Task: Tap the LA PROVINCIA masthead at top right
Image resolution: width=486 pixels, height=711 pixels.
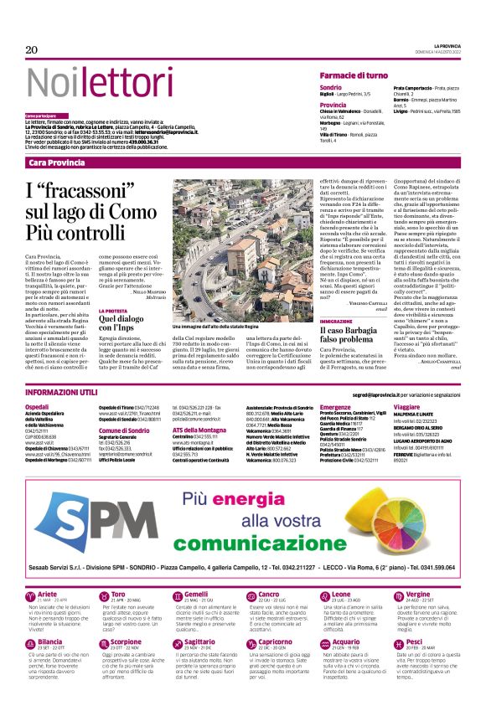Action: pyautogui.click(x=445, y=44)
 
